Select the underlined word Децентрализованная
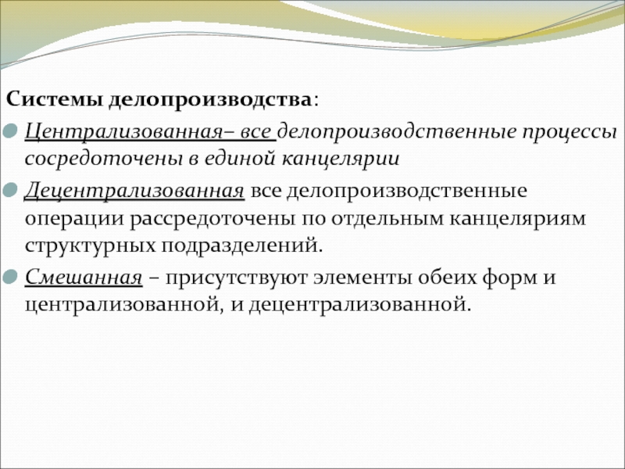134,191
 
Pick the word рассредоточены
212,220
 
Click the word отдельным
387,220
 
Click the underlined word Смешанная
84,277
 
